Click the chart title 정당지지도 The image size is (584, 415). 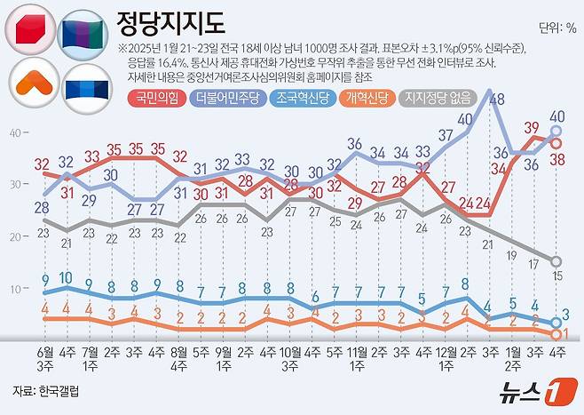click(170, 21)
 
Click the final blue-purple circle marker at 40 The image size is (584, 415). click(556, 132)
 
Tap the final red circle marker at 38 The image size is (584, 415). click(556, 142)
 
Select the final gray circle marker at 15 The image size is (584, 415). click(556, 261)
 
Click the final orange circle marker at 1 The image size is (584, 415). click(556, 334)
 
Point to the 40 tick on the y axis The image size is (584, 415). click(15, 132)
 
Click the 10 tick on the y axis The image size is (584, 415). click(15, 289)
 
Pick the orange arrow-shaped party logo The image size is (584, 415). click(31, 82)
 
